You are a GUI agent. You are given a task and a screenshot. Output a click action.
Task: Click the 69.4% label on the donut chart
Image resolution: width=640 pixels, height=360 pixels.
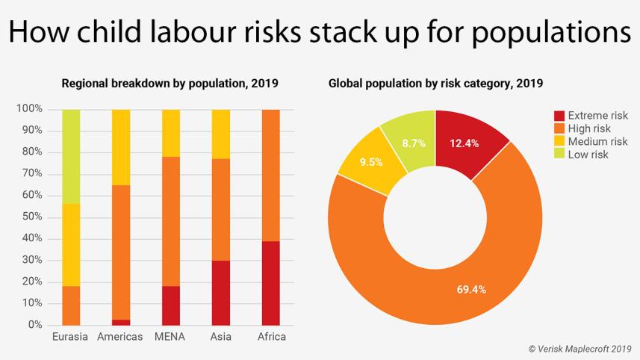(471, 289)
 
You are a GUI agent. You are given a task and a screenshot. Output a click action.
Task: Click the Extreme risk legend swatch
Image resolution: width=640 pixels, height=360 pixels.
(559, 116)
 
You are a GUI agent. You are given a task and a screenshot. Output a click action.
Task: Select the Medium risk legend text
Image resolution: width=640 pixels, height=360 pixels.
(597, 142)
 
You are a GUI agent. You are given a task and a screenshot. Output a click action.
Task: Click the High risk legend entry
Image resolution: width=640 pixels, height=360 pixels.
(589, 128)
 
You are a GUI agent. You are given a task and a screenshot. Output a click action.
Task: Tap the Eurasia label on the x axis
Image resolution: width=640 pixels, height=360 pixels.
(70, 337)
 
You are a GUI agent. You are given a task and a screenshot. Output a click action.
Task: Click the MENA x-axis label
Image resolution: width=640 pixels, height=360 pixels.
(170, 337)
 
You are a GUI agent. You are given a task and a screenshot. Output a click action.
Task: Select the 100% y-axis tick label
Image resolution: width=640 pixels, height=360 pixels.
(28, 109)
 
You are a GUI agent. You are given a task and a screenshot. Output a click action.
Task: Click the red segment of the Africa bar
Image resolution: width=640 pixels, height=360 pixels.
(271, 283)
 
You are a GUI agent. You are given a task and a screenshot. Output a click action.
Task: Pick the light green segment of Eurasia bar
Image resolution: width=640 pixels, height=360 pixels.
(70, 156)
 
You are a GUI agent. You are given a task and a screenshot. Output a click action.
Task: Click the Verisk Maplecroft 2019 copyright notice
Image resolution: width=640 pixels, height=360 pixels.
(580, 349)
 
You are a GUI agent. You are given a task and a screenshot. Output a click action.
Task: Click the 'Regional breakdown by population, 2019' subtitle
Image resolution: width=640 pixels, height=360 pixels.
(170, 83)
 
